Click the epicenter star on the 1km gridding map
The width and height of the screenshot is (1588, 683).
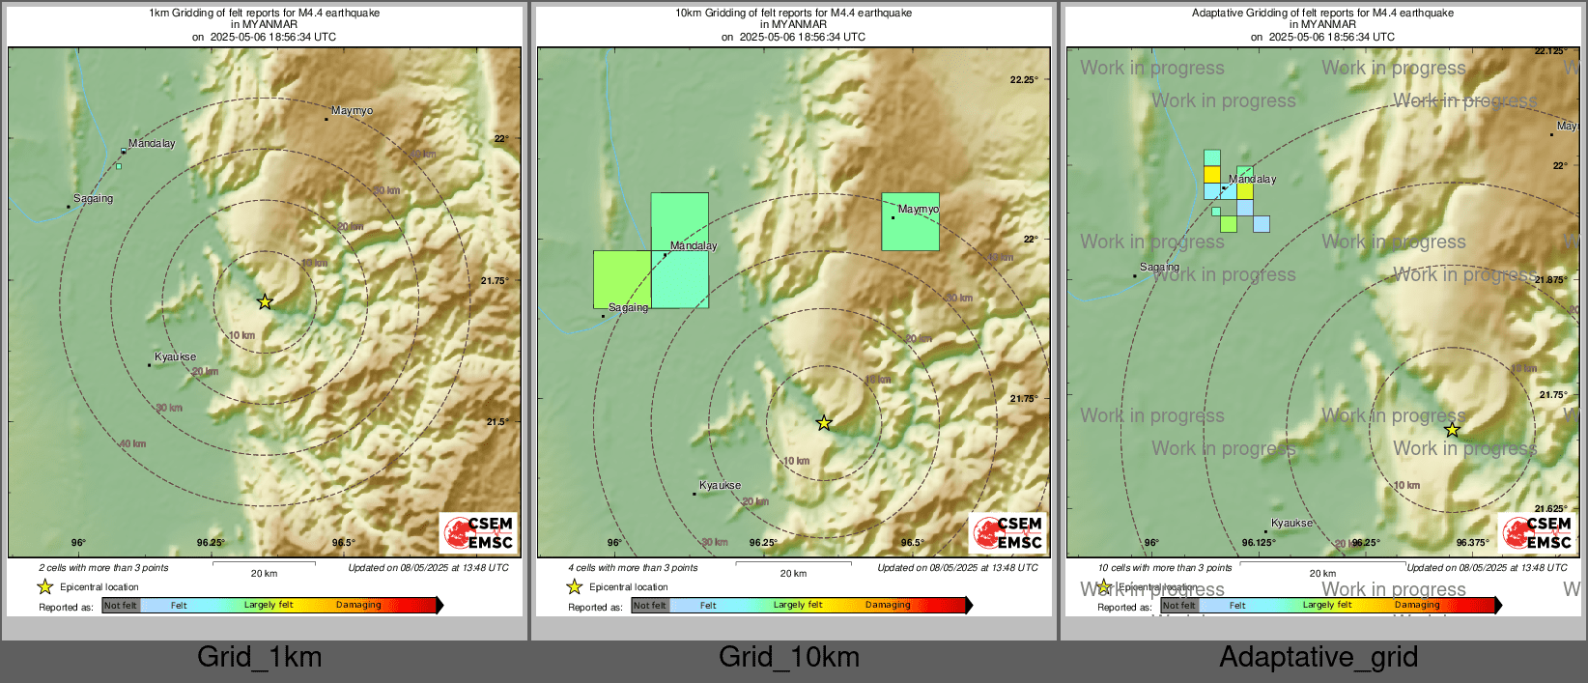[x=265, y=302]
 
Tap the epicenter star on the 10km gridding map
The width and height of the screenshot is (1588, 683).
[x=824, y=423]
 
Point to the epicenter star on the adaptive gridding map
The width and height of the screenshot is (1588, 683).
[x=1452, y=430]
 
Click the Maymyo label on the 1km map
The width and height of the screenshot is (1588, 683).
[x=352, y=111]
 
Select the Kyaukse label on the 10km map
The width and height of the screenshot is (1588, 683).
[x=720, y=486]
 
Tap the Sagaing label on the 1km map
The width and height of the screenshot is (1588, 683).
[x=93, y=199]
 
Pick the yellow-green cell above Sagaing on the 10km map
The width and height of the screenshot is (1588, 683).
[x=621, y=278]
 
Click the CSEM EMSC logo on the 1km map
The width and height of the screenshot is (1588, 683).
[x=479, y=532]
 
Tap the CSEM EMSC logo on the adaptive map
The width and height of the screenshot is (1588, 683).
[x=1538, y=532]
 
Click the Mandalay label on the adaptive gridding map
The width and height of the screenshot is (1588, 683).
[x=1253, y=180]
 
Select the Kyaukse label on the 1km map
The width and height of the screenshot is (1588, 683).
[x=175, y=357]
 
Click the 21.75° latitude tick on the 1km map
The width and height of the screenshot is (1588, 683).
[x=495, y=281]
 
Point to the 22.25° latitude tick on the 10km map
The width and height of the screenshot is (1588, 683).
[x=1024, y=80]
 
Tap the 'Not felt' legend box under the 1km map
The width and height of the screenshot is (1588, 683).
[x=121, y=606]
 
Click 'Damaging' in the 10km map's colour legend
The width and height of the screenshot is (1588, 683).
[x=888, y=606]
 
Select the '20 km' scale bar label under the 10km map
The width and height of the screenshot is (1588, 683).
[x=793, y=574]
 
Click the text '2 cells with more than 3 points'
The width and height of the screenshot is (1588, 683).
[x=103, y=568]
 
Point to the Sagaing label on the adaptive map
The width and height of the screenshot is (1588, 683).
[x=1159, y=268]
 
